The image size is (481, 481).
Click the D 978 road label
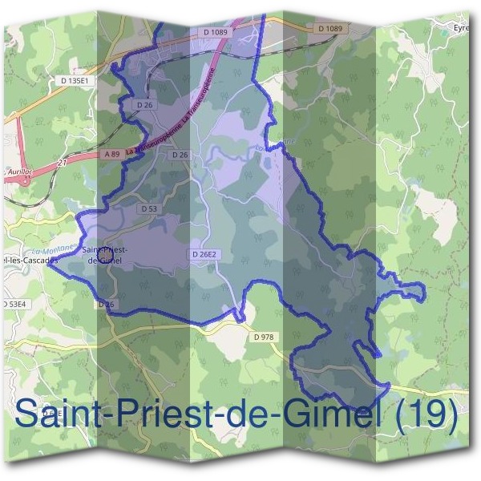pos(264,338)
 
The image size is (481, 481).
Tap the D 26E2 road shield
pos(204,254)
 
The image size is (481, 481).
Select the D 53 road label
pos(149,208)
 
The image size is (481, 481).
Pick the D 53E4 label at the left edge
pos(14,305)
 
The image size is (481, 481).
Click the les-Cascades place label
pos(30,261)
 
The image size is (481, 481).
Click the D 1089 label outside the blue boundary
pos(329,28)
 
